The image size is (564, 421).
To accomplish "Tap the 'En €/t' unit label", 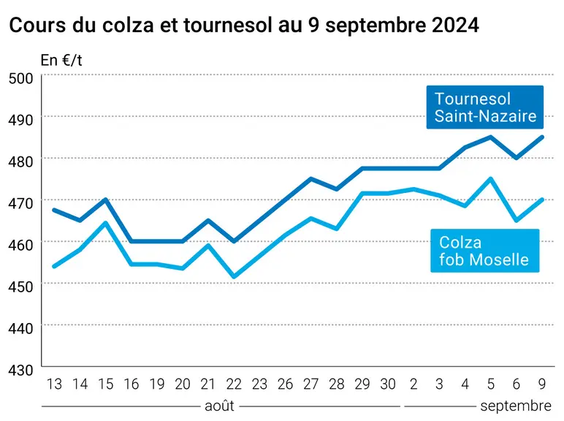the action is (x=61, y=60).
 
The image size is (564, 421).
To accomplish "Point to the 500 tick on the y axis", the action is (x=21, y=78).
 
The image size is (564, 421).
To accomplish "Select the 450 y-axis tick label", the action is (x=21, y=287).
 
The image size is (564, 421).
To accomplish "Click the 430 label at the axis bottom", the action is (x=21, y=371).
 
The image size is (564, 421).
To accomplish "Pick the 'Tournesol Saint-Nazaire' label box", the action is (x=485, y=107).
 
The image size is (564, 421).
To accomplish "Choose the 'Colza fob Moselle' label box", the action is (x=485, y=251).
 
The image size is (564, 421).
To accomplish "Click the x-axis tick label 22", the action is (x=234, y=384).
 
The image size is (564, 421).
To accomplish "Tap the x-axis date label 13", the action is (x=54, y=384).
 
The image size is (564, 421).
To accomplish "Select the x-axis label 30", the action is (x=388, y=384).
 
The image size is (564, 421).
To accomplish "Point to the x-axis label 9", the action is (x=541, y=384).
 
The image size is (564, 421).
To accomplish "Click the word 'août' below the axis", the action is (x=219, y=406).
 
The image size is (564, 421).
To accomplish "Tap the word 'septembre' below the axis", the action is (x=516, y=406).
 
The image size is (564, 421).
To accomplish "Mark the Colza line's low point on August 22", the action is (x=235, y=277).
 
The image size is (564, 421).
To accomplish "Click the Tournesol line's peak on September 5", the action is (x=490, y=137).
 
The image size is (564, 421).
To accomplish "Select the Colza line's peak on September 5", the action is (x=490, y=178).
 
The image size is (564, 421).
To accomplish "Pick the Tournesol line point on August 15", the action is (x=106, y=200).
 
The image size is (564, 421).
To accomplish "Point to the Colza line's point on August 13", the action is (x=54, y=266).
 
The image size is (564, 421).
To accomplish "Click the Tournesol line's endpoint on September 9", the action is (x=541, y=137).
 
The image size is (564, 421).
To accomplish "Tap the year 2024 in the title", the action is (x=455, y=25).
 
